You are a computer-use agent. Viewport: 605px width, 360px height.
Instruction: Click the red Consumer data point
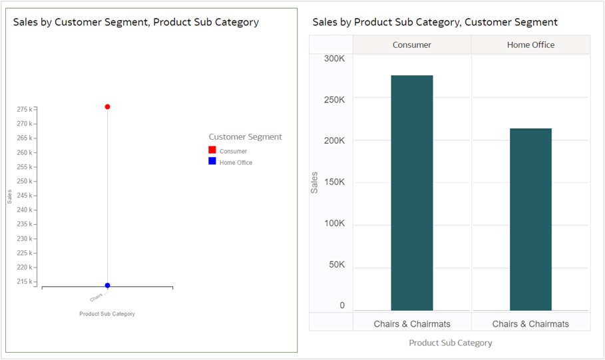[x=107, y=106]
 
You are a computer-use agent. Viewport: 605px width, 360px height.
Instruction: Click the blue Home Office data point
[x=107, y=285]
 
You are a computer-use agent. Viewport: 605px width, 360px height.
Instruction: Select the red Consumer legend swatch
[x=212, y=150]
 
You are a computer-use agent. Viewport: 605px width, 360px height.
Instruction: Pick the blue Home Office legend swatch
[x=212, y=162]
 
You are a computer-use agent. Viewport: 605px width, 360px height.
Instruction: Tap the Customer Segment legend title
[x=245, y=137]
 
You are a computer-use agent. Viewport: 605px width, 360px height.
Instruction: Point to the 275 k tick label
[x=25, y=109]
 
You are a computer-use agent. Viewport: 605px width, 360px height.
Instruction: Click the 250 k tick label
[x=25, y=181]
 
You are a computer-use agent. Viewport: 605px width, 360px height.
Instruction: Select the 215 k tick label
[x=25, y=281]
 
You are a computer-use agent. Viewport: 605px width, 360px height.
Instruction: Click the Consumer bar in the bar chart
[x=412, y=193]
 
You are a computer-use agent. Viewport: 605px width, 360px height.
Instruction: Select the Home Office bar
[x=530, y=220]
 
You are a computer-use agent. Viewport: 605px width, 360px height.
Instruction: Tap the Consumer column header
[x=412, y=45]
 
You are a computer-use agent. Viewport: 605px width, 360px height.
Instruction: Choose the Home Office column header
[x=530, y=45]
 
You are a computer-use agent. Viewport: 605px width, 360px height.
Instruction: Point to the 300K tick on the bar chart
[x=334, y=59]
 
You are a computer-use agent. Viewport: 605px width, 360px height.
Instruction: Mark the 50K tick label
[x=335, y=265]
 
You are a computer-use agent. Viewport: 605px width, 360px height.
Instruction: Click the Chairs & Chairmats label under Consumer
[x=412, y=324]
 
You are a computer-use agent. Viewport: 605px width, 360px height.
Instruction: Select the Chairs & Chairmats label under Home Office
[x=530, y=324]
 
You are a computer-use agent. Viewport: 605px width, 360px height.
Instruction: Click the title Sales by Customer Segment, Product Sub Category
[x=136, y=22]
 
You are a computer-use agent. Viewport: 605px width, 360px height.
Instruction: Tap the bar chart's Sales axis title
[x=315, y=182]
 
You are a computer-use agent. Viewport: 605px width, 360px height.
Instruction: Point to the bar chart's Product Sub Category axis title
[x=451, y=343]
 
